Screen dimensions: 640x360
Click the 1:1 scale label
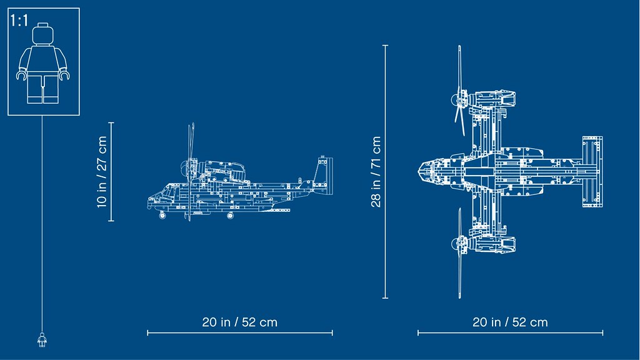point(19,21)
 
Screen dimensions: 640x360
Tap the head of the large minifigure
point(43,34)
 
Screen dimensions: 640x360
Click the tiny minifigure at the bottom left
point(42,339)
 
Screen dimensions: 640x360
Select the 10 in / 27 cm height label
point(102,172)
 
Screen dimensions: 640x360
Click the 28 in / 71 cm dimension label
point(376,172)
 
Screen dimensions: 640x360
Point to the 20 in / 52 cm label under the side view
point(239,322)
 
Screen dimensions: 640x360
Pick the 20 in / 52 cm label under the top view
point(510,322)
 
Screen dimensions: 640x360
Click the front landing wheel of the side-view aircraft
point(162,215)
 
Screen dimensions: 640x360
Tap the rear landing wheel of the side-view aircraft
point(231,215)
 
